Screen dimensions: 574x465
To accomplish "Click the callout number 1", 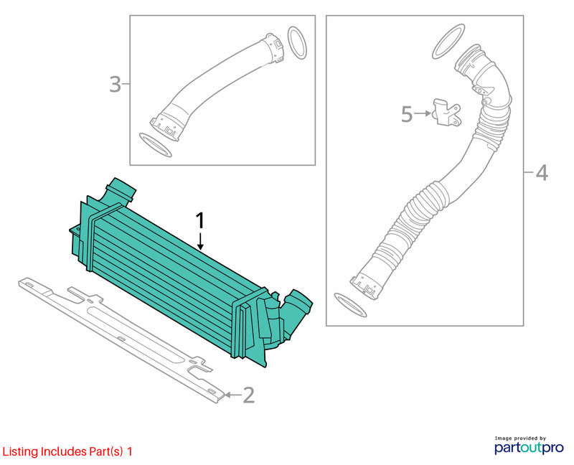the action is (x=200, y=222).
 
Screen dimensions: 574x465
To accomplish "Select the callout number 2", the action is (x=248, y=395).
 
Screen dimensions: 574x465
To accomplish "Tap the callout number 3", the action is (x=116, y=84).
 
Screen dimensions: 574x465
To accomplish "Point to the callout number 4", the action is (x=542, y=172).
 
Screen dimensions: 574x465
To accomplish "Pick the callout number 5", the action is (x=407, y=114).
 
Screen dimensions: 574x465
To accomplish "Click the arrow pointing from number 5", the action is (x=423, y=113).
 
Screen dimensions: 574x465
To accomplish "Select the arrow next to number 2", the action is (x=232, y=395).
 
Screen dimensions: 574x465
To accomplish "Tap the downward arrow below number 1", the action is (x=200, y=241).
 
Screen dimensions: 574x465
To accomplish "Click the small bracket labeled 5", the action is (x=446, y=113).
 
